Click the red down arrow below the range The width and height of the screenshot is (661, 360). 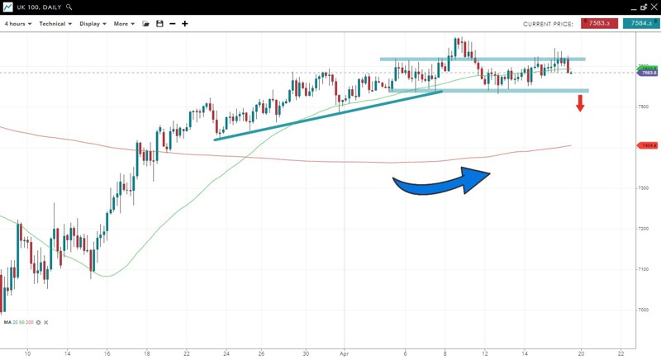580,103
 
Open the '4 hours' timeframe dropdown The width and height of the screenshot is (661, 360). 18,24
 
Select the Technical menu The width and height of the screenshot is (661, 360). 55,24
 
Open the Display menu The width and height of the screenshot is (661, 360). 93,24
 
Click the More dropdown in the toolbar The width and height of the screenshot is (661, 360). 124,24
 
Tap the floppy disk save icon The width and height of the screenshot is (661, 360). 159,24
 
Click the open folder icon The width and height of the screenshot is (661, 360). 146,24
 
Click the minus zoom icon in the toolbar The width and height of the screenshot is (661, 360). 172,24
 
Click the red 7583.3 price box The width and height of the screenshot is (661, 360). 600,24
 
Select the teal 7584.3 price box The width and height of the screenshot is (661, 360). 641,24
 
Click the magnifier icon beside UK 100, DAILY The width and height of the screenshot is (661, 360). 69,7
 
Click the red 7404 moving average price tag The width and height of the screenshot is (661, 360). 648,146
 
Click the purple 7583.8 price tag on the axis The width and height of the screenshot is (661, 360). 648,73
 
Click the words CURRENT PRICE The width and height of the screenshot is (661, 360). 548,24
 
